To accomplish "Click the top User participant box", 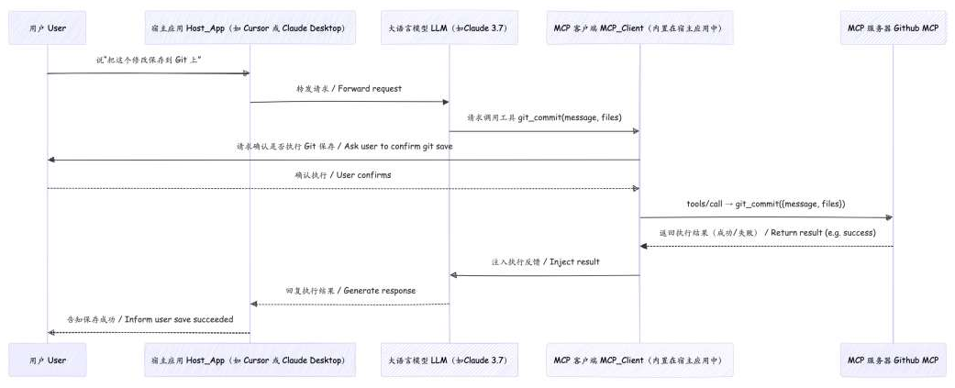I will [x=47, y=28].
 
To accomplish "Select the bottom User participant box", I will [x=47, y=360].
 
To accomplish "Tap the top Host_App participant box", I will [x=249, y=28].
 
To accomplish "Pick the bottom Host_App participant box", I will [x=249, y=360].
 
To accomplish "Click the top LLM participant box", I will [x=449, y=28].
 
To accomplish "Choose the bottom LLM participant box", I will [x=449, y=360].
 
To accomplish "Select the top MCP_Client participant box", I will [x=639, y=28].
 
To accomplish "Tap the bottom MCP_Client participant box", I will [x=639, y=360].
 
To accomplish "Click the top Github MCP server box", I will [x=893, y=28].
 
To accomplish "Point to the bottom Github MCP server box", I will [x=893, y=360].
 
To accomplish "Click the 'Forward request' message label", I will [x=349, y=88].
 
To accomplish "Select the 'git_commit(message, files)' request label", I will [x=543, y=117].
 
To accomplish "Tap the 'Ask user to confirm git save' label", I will [x=343, y=146].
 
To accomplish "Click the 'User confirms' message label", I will [x=343, y=174].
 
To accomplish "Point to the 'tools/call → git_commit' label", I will [x=765, y=204].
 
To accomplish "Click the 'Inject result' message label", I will [x=544, y=261].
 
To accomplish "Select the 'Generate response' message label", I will [x=350, y=290].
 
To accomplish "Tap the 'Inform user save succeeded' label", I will [x=150, y=318].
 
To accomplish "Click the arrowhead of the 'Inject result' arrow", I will [x=453, y=275].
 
